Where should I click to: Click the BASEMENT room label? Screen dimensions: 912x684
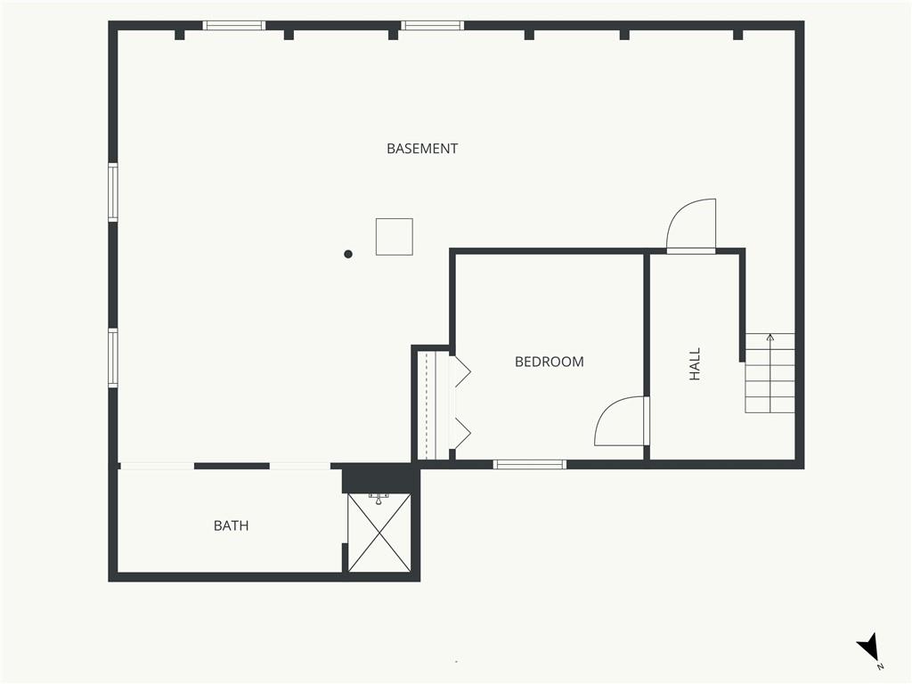pyautogui.click(x=421, y=149)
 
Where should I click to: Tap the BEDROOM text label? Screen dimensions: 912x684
pyautogui.click(x=549, y=362)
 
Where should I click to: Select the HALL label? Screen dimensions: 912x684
pyautogui.click(x=695, y=364)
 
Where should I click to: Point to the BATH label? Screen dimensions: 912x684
pyautogui.click(x=231, y=525)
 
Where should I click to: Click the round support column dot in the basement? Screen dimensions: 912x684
pyautogui.click(x=348, y=254)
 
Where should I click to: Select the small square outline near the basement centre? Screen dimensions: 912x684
pyautogui.click(x=395, y=237)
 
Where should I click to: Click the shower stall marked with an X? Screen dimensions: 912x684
pyautogui.click(x=379, y=533)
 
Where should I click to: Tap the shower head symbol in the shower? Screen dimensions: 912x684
pyautogui.click(x=379, y=499)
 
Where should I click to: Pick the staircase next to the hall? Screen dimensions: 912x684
pyautogui.click(x=770, y=373)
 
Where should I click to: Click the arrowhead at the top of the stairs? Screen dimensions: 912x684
pyautogui.click(x=770, y=337)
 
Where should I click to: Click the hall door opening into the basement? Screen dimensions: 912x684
pyautogui.click(x=691, y=225)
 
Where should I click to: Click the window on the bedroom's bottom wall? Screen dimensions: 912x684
pyautogui.click(x=529, y=464)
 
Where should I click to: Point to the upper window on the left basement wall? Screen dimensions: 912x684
pyautogui.click(x=113, y=192)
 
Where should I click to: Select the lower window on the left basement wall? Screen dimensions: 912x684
pyautogui.click(x=113, y=358)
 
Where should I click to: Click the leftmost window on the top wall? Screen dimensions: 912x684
pyautogui.click(x=234, y=26)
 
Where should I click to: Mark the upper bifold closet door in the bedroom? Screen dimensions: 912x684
pyautogui.click(x=462, y=370)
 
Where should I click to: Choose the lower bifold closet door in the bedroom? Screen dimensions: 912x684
pyautogui.click(x=462, y=434)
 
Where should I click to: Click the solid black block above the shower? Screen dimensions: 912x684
pyautogui.click(x=379, y=478)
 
